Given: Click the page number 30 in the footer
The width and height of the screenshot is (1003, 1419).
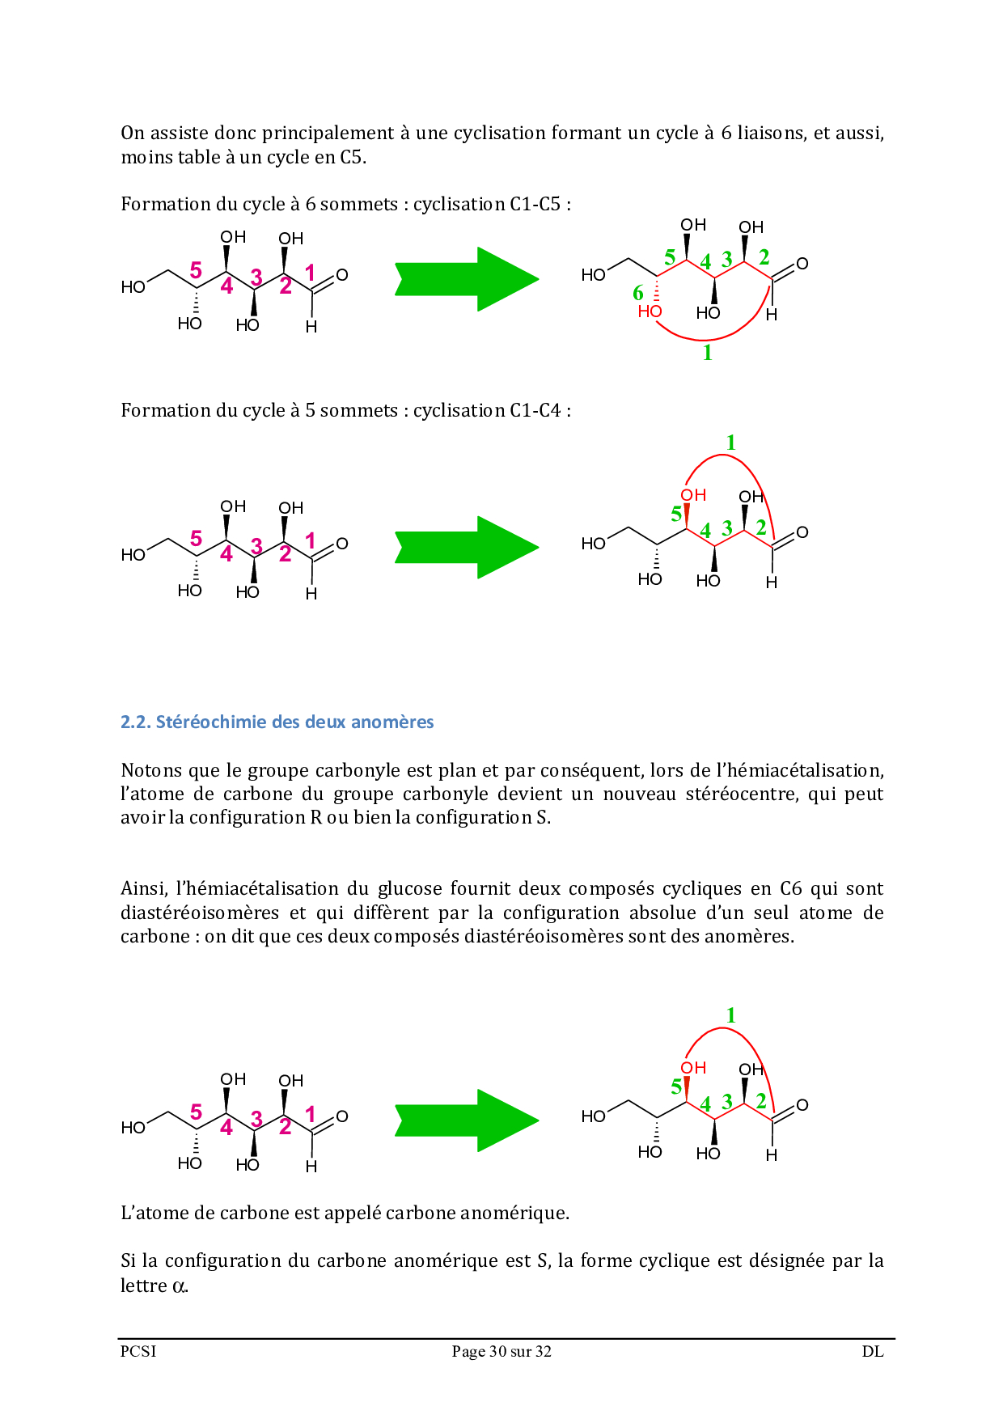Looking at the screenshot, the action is click(x=498, y=1351).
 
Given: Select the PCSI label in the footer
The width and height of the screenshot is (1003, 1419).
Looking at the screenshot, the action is click(x=138, y=1351).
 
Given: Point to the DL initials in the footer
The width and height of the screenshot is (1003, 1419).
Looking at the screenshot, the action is click(x=873, y=1351).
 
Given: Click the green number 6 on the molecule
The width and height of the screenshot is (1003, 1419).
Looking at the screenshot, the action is click(x=638, y=293).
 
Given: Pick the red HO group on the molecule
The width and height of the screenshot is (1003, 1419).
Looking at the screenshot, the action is click(x=650, y=311).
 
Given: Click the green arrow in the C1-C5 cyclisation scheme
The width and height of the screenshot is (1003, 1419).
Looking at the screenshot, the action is click(x=467, y=279).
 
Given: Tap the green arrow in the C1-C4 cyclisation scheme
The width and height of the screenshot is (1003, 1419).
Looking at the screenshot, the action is click(x=467, y=547).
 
